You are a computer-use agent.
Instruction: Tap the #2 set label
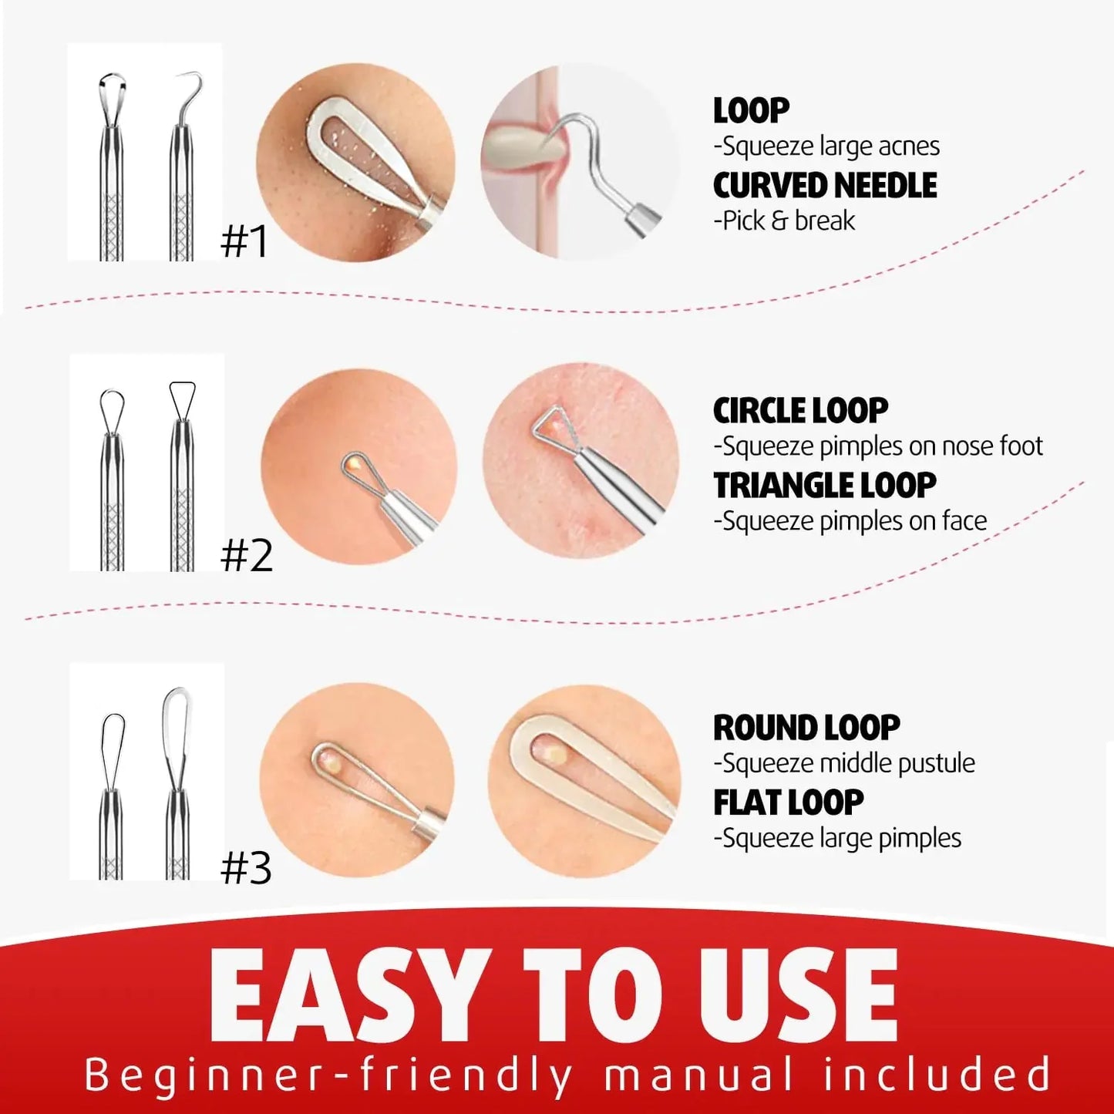pyautogui.click(x=247, y=555)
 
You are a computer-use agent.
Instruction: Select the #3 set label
pyautogui.click(x=246, y=869)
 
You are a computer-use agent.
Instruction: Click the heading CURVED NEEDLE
pyautogui.click(x=825, y=186)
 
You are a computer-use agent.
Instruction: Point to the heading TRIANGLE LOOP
pyautogui.click(x=825, y=486)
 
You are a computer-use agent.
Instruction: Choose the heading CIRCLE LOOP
pyautogui.click(x=800, y=411)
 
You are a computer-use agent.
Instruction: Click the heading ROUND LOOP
pyautogui.click(x=806, y=728)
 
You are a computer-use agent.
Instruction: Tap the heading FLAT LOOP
pyautogui.click(x=788, y=803)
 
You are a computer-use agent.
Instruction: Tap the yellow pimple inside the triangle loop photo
pyautogui.click(x=551, y=421)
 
